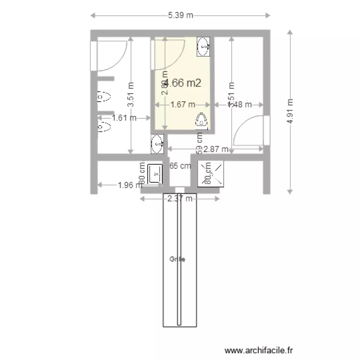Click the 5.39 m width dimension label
[180, 15]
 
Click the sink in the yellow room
[204, 47]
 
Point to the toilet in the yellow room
[202, 120]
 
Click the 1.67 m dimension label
[183, 104]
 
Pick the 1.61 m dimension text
[124, 117]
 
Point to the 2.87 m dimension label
[216, 149]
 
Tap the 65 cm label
[180, 166]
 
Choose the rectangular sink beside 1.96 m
[155, 174]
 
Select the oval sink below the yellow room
[156, 144]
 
